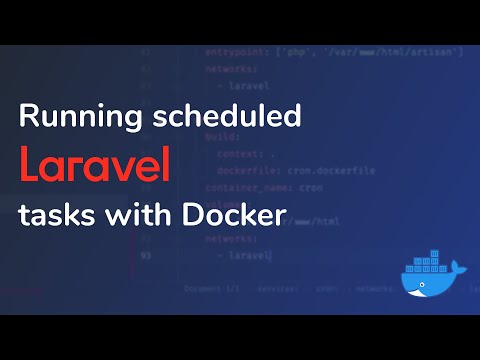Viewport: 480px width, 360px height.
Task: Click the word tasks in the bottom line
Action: tap(53, 214)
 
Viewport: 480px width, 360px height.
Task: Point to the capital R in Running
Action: tap(28, 117)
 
